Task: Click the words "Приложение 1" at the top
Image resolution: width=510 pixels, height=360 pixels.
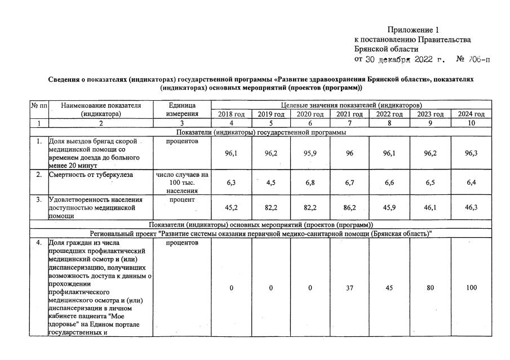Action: [413, 29]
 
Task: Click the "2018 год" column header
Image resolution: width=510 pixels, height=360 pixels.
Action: [231, 114]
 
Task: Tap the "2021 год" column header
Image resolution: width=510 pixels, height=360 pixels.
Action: [349, 114]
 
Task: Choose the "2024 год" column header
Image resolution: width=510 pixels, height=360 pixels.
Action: [471, 114]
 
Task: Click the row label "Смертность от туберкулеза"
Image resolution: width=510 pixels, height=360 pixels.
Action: [91, 175]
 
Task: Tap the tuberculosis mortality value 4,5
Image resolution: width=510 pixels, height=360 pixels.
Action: [271, 183]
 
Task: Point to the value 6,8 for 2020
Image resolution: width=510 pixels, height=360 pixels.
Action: [311, 183]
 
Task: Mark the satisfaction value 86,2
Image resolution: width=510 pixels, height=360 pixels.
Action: [349, 207]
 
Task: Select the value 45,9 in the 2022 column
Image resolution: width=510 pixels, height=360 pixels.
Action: [389, 207]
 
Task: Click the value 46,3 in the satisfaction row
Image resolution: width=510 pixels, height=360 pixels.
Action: [471, 207]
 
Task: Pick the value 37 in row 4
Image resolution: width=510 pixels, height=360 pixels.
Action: [349, 288]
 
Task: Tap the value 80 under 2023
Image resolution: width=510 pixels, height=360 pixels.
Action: [430, 288]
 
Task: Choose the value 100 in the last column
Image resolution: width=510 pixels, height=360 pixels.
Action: [471, 288]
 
